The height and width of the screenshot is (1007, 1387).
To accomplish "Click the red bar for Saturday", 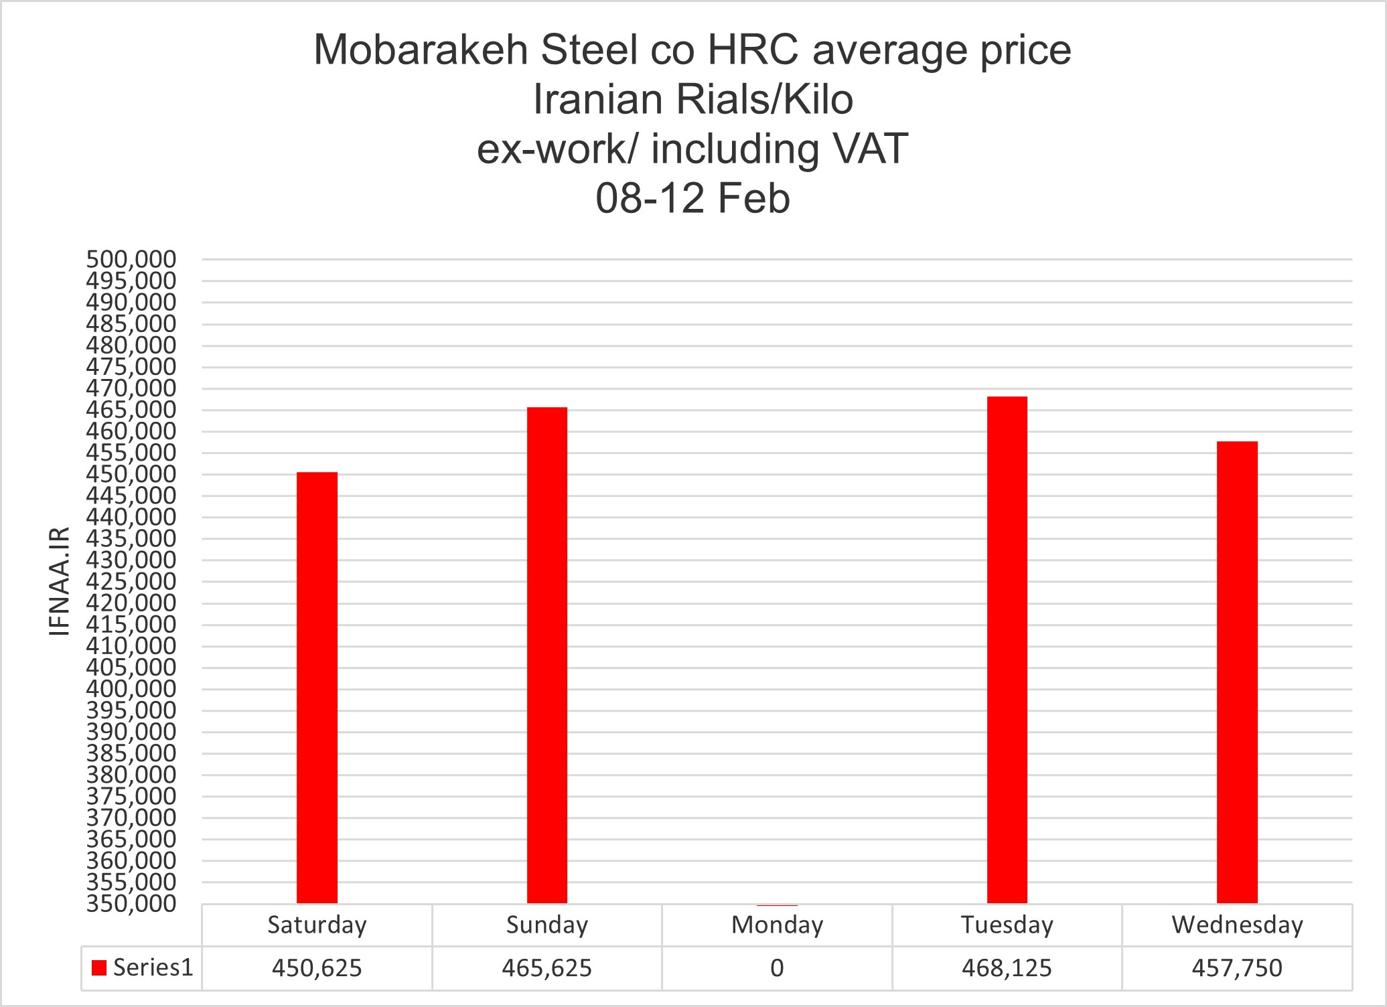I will (317, 688).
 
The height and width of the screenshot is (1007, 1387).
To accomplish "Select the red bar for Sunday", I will (546, 655).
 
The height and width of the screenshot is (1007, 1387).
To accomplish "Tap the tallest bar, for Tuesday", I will (1007, 649).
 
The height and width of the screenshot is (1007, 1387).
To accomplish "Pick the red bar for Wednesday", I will (1237, 672).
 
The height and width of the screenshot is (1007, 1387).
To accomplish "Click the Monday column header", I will (777, 925).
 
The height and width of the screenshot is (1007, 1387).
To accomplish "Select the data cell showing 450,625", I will (317, 968).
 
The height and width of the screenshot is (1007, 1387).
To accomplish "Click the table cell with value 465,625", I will (546, 968).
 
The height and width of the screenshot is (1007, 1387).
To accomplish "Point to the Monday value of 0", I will (777, 968).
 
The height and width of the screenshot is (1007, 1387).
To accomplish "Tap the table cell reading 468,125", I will (1007, 968).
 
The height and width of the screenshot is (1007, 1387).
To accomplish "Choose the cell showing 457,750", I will (1237, 968).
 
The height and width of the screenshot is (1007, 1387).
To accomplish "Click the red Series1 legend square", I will (99, 968).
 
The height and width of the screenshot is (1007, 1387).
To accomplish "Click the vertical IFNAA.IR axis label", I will (60, 581).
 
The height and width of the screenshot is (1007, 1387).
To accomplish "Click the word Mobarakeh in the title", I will (421, 50).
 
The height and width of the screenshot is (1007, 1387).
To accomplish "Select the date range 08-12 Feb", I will (692, 199).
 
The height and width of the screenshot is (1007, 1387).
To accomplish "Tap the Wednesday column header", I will (1237, 925).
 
